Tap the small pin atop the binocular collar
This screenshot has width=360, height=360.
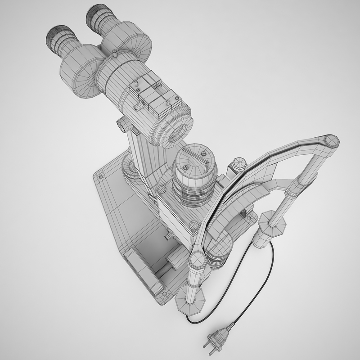tap(116, 53)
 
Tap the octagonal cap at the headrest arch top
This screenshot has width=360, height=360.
tap(332, 141)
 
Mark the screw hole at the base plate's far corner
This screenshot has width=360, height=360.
tap(100, 177)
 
